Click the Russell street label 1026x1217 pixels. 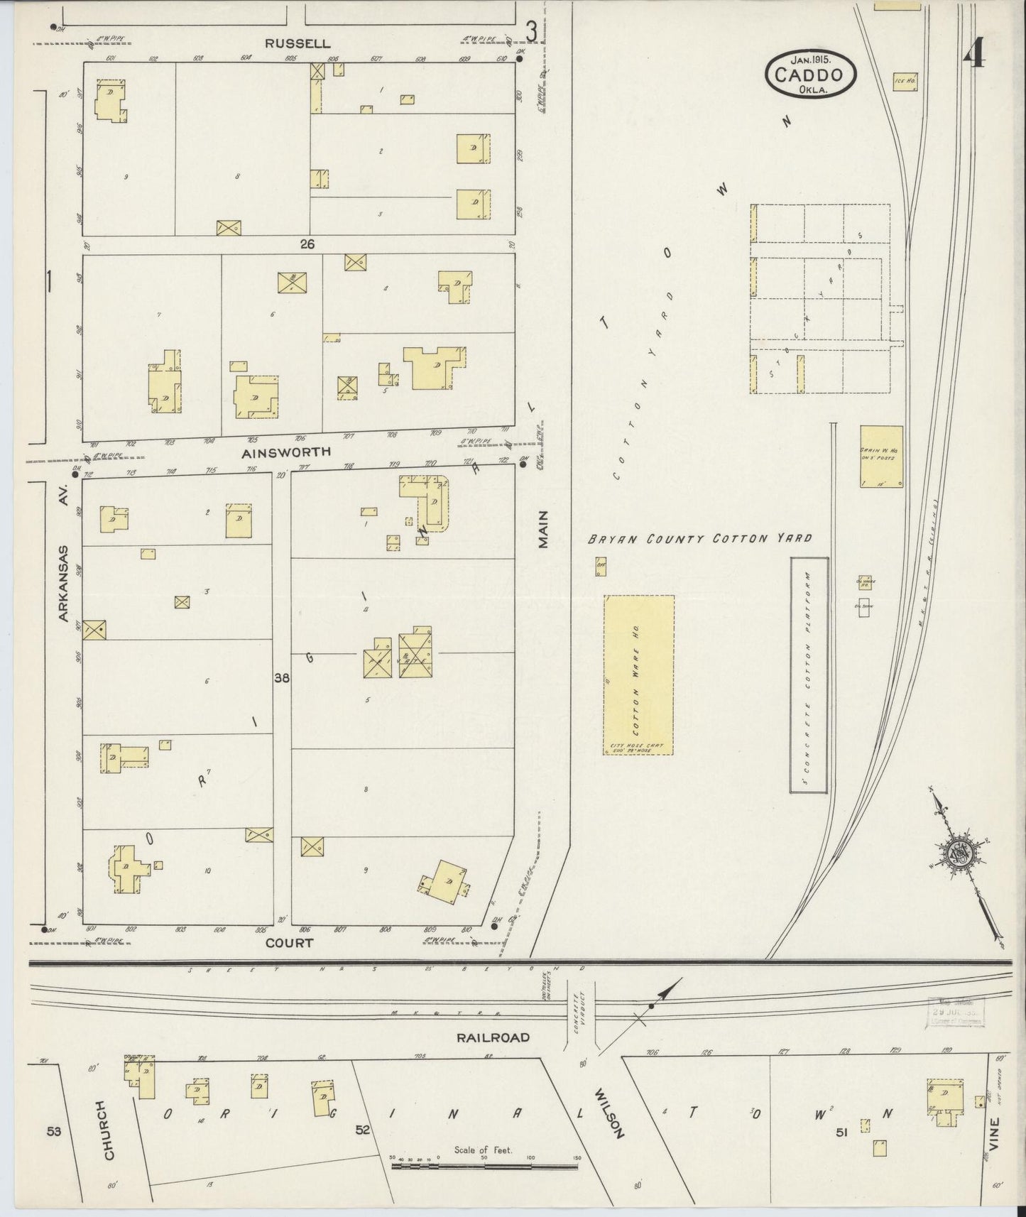pyautogui.click(x=289, y=43)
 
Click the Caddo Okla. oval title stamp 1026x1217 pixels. pyautogui.click(x=810, y=72)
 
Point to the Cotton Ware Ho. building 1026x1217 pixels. pyautogui.click(x=638, y=675)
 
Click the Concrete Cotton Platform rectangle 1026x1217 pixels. pyautogui.click(x=809, y=675)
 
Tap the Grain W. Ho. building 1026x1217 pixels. pyautogui.click(x=881, y=457)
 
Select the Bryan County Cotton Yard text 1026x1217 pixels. pyautogui.click(x=699, y=539)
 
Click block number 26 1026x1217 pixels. pyautogui.click(x=307, y=244)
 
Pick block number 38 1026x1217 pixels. pyautogui.click(x=282, y=679)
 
